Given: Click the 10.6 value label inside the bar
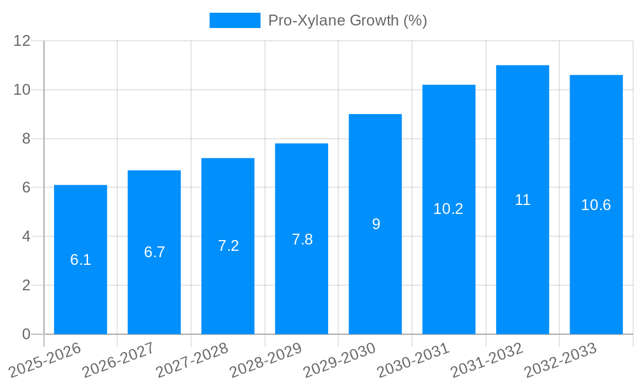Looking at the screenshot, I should pos(596,205).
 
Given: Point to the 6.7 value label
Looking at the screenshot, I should pos(154,252).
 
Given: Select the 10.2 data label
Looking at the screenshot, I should pos(448,209).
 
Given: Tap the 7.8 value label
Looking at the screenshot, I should pos(302,239).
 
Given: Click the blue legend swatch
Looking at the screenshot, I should pos(234,20).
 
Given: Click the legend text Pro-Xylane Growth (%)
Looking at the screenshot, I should pos(347,20).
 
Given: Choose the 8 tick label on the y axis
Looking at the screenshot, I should pos(26,139).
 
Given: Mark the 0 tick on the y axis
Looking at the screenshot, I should pos(26,334).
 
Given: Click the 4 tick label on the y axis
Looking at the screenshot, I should pos(26,236).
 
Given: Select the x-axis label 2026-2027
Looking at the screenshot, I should pos(118,359).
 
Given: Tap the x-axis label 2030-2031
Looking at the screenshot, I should pos(413,359).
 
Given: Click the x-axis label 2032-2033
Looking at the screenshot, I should pos(561,359).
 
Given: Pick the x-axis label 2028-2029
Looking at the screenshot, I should pos(266,359).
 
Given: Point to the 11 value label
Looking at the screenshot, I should pos(522,200).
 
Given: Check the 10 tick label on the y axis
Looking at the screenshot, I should pos(22,90).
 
